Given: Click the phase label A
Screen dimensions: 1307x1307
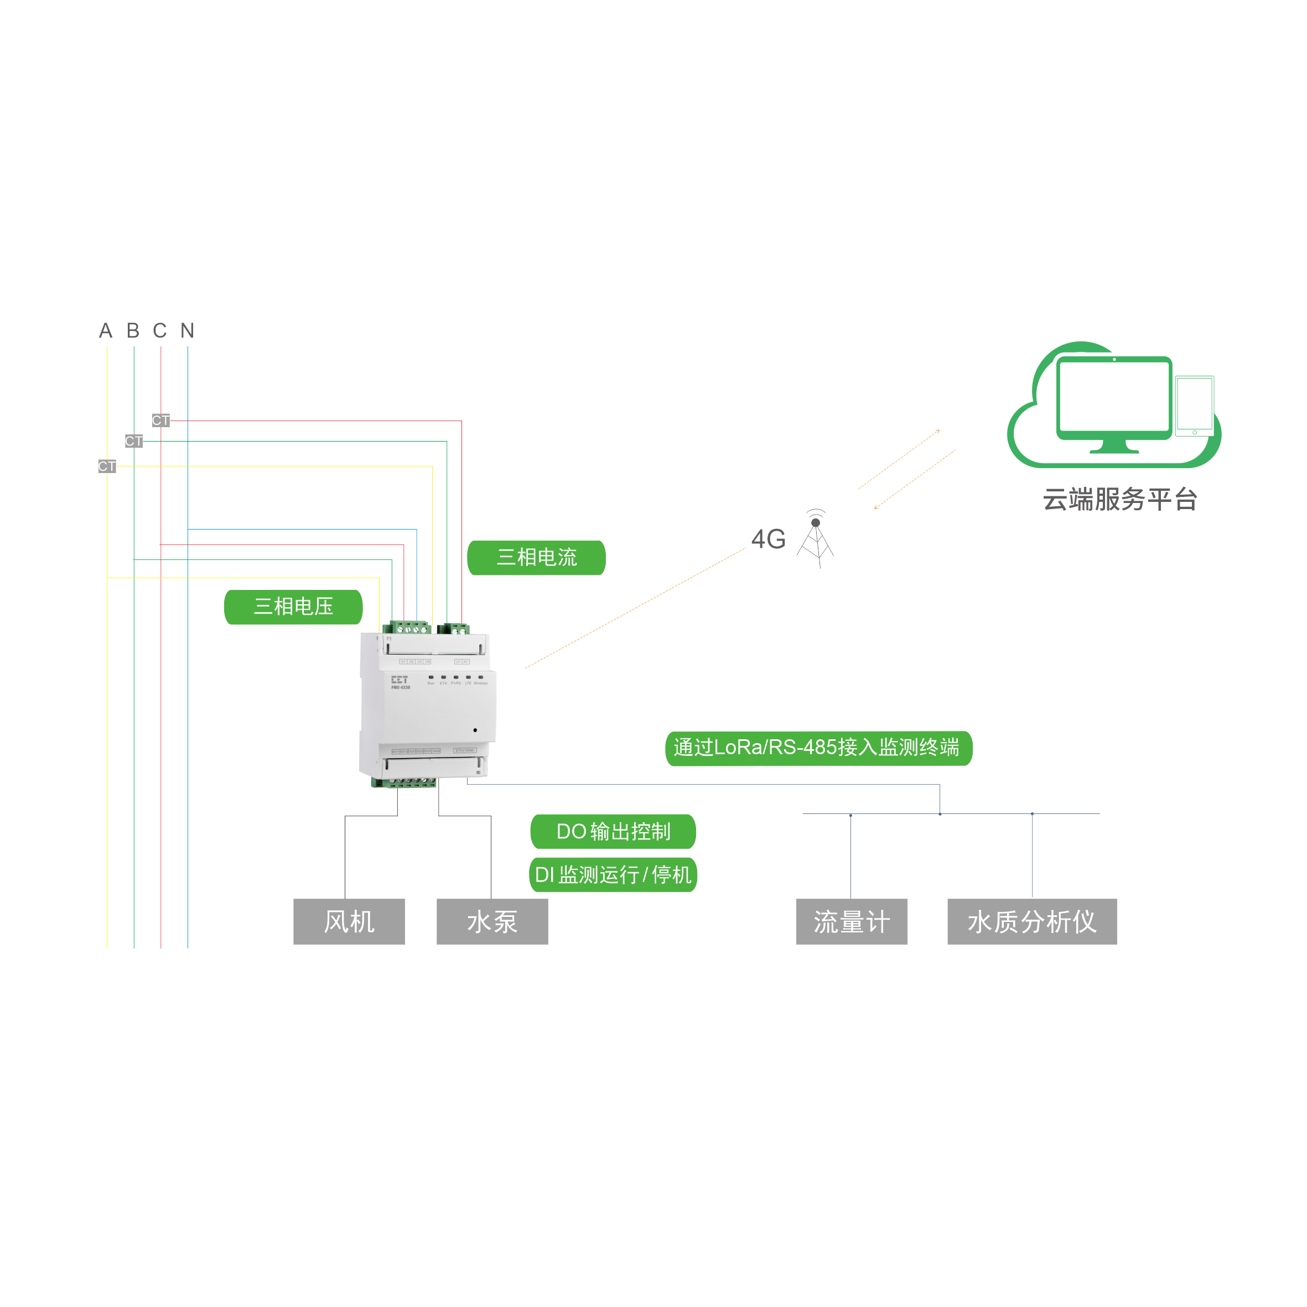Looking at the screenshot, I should tap(106, 331).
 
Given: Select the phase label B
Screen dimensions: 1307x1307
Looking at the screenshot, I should tap(133, 331).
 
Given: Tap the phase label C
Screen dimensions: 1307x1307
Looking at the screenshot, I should tap(160, 331).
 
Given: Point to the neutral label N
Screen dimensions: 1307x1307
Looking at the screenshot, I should tap(188, 331).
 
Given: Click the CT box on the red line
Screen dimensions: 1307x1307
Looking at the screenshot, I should tap(160, 421).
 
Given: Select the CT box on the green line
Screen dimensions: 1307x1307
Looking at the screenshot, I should tap(133, 441).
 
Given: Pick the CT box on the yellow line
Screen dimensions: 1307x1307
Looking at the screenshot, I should tap(107, 466).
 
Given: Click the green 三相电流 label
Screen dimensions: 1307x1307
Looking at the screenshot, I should tap(536, 557).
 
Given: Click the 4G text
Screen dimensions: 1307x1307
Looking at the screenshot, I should tap(768, 539).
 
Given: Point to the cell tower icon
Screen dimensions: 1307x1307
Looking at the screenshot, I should tap(816, 539).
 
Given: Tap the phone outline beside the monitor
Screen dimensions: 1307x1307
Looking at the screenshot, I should tap(1195, 406).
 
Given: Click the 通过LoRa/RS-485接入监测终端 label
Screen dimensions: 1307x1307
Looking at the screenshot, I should tap(818, 748).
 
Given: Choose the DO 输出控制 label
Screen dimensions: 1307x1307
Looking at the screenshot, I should tap(613, 832).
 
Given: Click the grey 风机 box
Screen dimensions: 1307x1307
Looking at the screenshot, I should tap(349, 921).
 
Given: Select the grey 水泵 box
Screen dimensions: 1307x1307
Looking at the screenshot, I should tap(492, 921).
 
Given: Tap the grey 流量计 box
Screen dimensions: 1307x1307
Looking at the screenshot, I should tap(851, 921).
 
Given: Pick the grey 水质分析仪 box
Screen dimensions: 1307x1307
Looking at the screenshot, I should tap(1031, 921).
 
